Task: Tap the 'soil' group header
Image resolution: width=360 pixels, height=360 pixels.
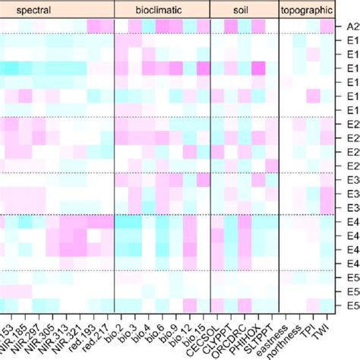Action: [243, 9]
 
